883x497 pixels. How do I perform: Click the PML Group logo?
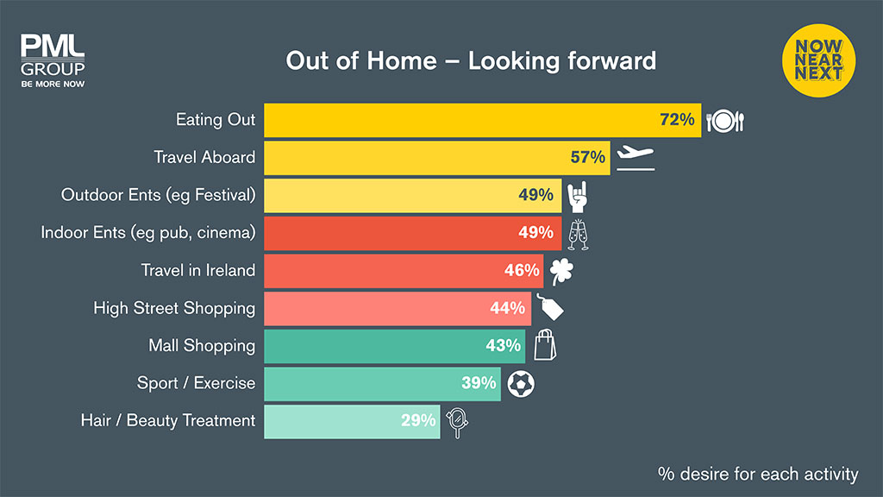[x=52, y=61]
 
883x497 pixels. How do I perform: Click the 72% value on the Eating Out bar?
[x=677, y=120]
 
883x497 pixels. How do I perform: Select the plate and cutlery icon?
[x=724, y=121]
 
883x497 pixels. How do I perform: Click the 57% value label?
[x=589, y=158]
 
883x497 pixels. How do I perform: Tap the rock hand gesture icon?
[x=577, y=196]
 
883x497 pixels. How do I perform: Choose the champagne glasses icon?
[x=577, y=234]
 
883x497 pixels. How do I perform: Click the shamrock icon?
[x=560, y=272]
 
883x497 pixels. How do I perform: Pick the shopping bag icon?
[x=545, y=345]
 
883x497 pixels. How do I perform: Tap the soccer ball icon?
[x=520, y=383]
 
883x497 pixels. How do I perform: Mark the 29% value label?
[x=418, y=421]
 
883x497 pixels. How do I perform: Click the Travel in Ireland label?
[x=198, y=271]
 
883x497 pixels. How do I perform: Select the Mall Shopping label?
[x=202, y=346]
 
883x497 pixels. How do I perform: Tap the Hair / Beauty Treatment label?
[x=168, y=421]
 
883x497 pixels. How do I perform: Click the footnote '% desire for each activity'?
[x=758, y=474]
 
